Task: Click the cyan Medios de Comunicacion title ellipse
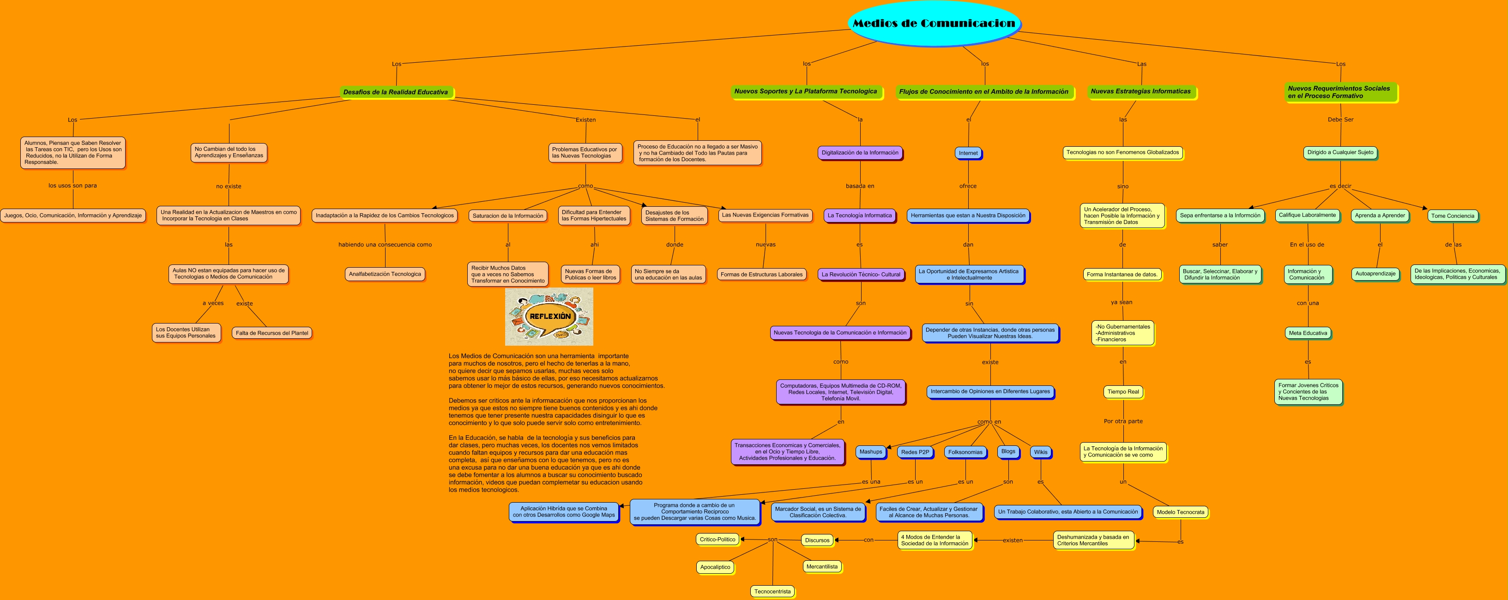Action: [x=934, y=24]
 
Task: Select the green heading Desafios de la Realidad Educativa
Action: [x=396, y=92]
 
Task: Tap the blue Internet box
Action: [x=968, y=153]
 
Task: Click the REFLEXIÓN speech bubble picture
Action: [x=549, y=316]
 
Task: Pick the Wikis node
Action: [x=1040, y=452]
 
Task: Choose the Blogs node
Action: [x=1008, y=451]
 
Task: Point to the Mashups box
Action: [x=870, y=451]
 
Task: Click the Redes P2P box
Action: [x=915, y=452]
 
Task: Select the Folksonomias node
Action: [x=965, y=452]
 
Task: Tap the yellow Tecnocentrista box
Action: [x=772, y=591]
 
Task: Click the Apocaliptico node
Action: [x=715, y=567]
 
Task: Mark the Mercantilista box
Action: [x=821, y=566]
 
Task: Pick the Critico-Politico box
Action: [x=717, y=539]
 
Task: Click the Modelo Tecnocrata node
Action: [x=1180, y=512]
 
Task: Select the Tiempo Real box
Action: [x=1123, y=391]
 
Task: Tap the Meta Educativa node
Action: [x=1308, y=333]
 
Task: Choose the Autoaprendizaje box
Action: [x=1375, y=273]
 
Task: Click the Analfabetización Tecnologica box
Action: [x=385, y=274]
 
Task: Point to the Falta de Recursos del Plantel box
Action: [x=271, y=333]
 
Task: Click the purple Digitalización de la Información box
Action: [x=859, y=153]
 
